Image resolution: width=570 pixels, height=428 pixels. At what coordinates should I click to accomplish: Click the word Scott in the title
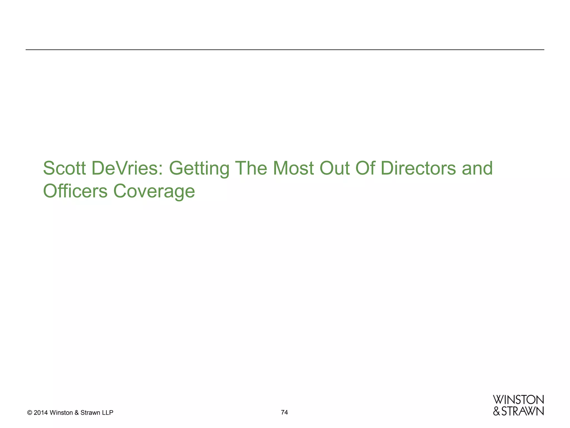(64, 168)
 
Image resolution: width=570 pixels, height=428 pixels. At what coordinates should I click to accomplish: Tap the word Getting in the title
(199, 169)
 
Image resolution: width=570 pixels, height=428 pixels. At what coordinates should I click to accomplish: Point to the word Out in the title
(334, 168)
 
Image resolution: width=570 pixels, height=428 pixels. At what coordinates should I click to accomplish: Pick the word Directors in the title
(418, 168)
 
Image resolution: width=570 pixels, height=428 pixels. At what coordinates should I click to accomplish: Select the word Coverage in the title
(154, 192)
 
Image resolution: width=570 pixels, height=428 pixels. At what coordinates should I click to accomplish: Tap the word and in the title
(477, 168)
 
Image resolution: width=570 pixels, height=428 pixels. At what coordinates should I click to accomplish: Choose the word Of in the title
(365, 168)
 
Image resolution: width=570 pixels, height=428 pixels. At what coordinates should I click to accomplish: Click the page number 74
(284, 412)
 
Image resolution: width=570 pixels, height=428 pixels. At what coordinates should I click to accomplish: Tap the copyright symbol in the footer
(30, 413)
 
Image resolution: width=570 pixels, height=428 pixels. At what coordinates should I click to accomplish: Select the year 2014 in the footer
(41, 413)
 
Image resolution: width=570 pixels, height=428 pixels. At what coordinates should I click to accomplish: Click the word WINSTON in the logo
(518, 400)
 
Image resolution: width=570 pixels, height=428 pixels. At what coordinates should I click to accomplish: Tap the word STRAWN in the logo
(522, 411)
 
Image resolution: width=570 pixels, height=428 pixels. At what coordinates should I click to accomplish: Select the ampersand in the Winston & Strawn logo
(497, 411)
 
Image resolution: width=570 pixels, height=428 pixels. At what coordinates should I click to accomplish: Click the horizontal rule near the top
(285, 50)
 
